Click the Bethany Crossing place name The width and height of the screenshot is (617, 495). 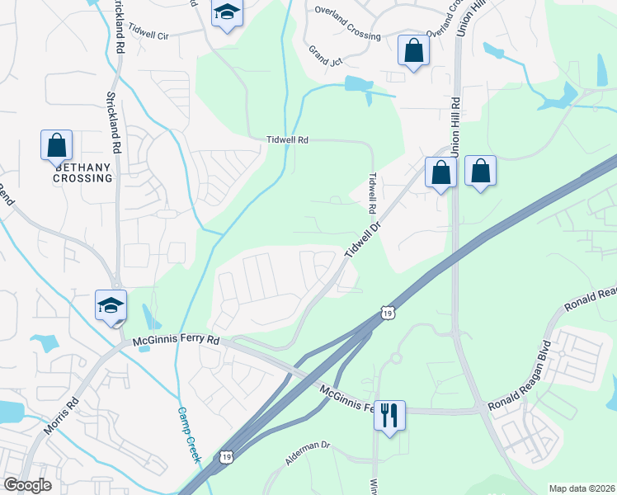pos(83,172)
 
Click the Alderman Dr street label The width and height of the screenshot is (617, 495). pos(308,455)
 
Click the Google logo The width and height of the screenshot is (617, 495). pos(27,485)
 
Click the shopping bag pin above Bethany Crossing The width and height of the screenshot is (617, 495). pos(56,145)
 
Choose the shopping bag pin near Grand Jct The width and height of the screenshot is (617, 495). pos(413,50)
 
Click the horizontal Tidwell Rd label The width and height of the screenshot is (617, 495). pos(287,140)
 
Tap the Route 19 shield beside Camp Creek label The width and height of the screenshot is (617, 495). pos(226,455)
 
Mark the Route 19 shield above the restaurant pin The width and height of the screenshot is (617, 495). pos(388,311)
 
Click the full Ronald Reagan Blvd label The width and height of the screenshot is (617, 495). pos(520,394)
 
